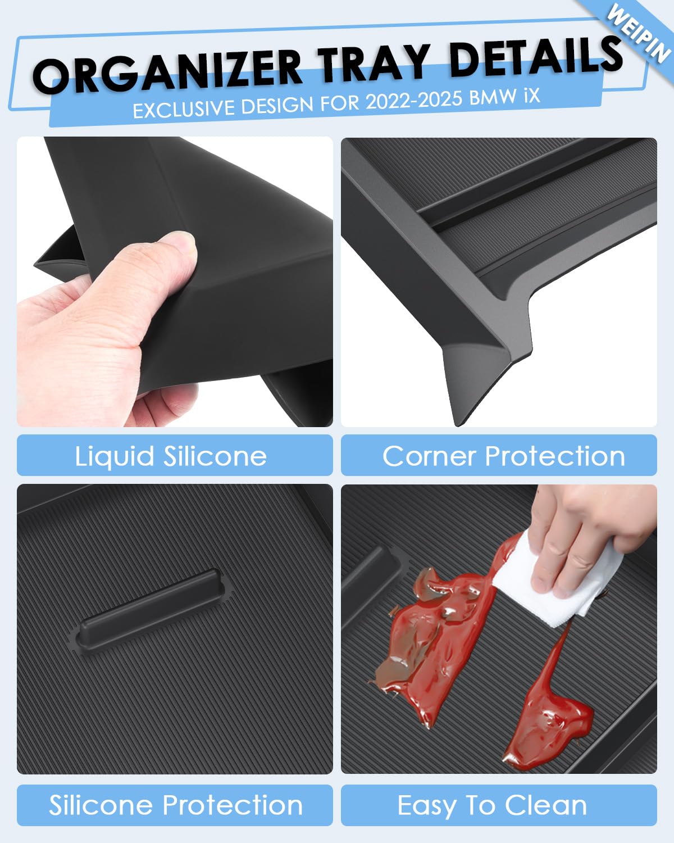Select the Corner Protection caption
tap(504, 456)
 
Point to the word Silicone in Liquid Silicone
tap(215, 456)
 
